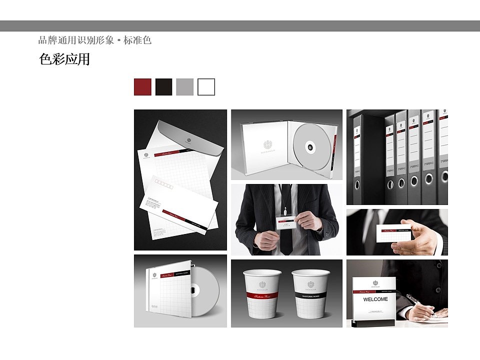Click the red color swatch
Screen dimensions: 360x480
pos(142,87)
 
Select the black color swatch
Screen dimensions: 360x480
pos(163,87)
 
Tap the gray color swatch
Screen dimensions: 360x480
pos(184,87)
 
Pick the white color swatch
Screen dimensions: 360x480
pos(206,87)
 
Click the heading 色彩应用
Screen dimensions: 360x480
pos(64,59)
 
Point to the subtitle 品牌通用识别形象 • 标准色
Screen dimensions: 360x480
pos(94,40)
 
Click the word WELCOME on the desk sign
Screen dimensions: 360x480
pos(375,299)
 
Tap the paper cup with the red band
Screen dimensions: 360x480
pos(262,294)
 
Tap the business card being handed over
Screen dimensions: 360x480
pos(393,233)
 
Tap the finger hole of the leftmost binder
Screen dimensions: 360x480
pos(357,184)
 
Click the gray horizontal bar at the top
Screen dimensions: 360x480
pos(240,26)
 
